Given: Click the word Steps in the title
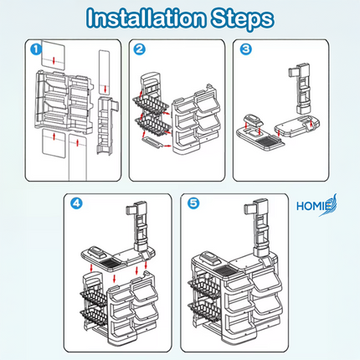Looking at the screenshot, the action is coord(242,19).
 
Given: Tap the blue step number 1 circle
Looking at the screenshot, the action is coord(36,49).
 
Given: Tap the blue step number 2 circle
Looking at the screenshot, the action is coord(139,49).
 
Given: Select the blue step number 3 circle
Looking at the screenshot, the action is coord(246,49).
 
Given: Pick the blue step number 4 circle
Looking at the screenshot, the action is coord(76,203).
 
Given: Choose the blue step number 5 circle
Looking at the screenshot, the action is coord(193,203).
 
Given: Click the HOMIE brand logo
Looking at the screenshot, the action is coord(316,206).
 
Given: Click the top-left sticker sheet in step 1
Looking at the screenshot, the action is coord(54,55).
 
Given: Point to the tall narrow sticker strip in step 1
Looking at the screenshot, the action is coord(105,72).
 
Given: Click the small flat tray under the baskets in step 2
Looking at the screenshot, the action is coord(152,141).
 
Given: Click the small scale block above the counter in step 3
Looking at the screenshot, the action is coord(253,121).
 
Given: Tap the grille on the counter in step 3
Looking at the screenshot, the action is coord(266,141).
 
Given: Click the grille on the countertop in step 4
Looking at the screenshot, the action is coord(110,262).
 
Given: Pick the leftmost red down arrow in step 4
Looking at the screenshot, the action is coord(91,268).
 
